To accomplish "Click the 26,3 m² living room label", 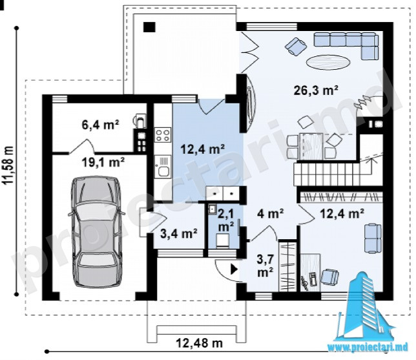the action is pos(316,90).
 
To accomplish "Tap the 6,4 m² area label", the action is pos(101,125).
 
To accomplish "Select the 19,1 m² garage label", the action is pos(103,162).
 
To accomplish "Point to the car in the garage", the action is pos(97,231).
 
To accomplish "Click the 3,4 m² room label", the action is pos(178,233).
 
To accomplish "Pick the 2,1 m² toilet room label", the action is pos(225,220).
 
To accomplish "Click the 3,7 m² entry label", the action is pos(265,265).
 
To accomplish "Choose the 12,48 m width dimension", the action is pos(199,343).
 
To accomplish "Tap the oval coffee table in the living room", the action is pos(328,62).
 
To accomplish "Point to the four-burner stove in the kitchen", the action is pos(163,135).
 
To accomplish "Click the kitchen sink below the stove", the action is pos(163,167).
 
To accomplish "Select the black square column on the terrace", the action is pos(150,26).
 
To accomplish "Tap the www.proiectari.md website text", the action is pos(368,347).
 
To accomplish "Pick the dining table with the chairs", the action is pos(311,146).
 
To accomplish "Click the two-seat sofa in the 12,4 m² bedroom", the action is pos(373,238).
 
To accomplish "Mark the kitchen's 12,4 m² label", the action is pos(202,149).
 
